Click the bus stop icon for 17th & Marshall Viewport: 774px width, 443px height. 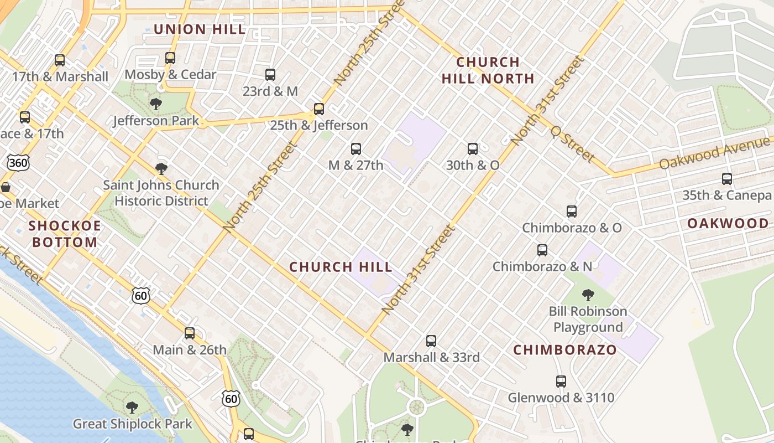[60, 60]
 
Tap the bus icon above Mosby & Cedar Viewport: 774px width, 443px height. [170, 58]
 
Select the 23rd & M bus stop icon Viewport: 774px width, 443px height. [270, 75]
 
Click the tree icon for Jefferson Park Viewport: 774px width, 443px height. [156, 104]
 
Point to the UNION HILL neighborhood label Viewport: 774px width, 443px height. [200, 29]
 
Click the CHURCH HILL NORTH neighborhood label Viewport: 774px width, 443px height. [488, 70]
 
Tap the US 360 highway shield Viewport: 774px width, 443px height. [18, 162]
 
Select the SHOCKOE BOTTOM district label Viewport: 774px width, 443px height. [65, 234]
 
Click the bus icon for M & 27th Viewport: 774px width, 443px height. [356, 148]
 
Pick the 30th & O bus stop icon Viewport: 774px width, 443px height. [473, 148]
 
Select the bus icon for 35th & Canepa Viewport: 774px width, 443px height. [727, 179]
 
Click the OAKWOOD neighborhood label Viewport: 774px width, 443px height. [728, 223]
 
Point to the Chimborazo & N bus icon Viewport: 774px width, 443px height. [542, 250]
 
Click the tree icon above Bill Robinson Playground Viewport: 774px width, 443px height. [588, 295]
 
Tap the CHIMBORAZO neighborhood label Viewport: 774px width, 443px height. [564, 349]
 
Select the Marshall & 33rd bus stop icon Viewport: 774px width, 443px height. [431, 341]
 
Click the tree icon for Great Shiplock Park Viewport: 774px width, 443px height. [132, 408]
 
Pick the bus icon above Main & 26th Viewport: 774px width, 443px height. [190, 333]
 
